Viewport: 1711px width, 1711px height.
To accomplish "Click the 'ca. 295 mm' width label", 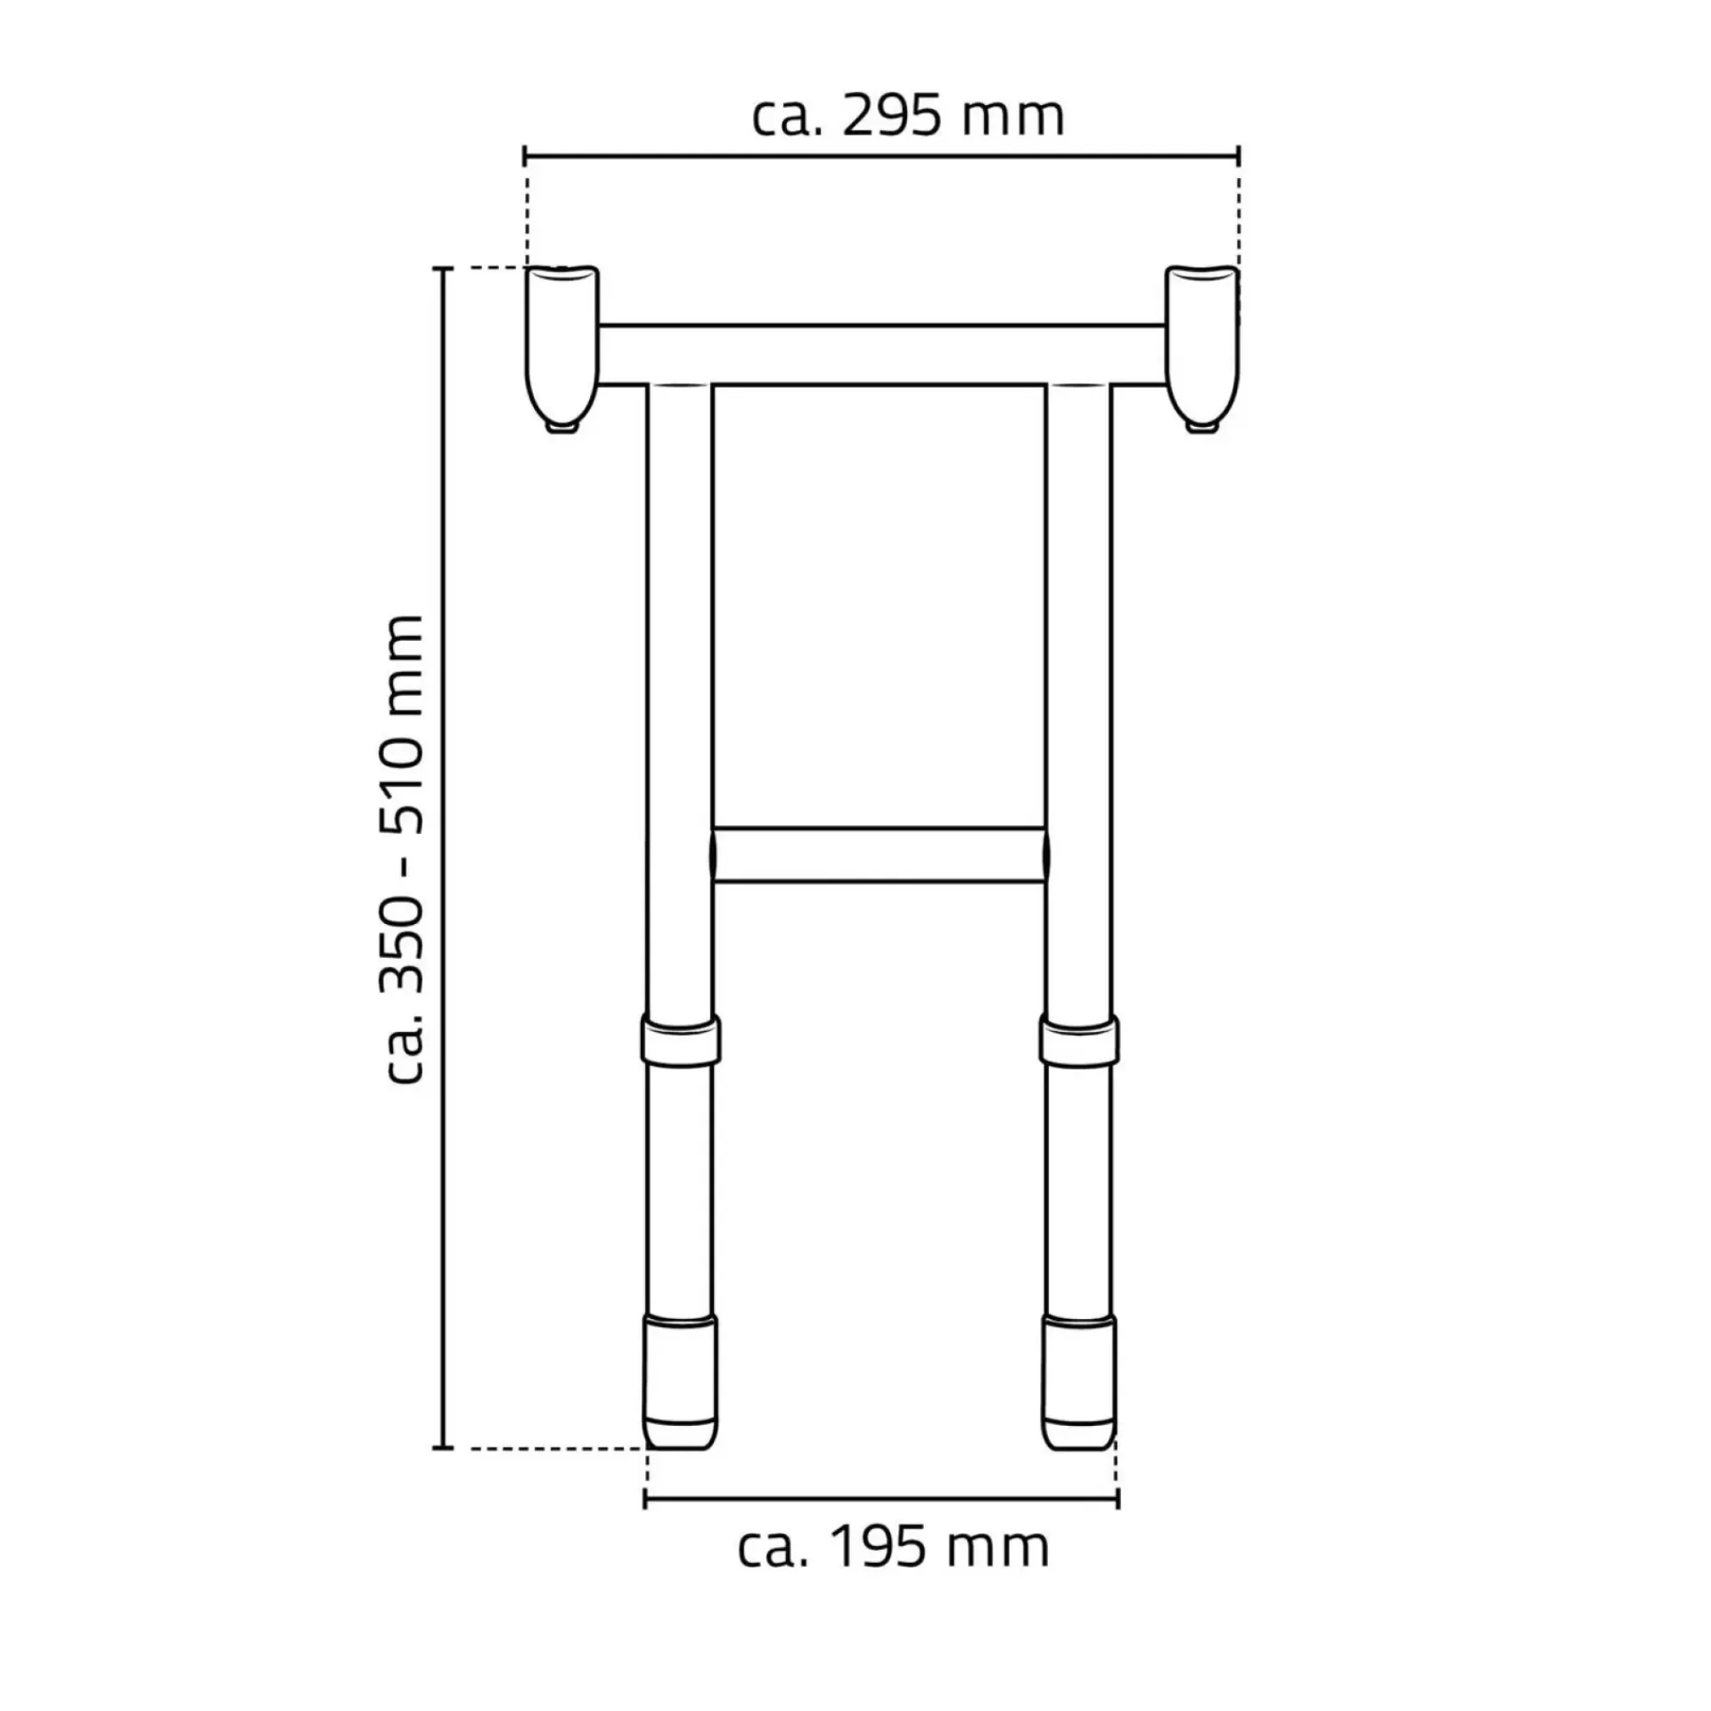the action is pyautogui.click(x=908, y=118).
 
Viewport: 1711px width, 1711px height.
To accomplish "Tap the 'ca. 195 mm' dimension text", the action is pyautogui.click(x=894, y=1548).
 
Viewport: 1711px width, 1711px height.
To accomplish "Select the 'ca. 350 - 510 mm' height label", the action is pyautogui.click(x=403, y=848).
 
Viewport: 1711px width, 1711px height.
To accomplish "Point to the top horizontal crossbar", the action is pyautogui.click(x=882, y=356).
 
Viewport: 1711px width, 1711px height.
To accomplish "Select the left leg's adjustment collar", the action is pyautogui.click(x=681, y=1039).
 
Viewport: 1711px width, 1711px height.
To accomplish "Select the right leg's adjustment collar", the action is pyautogui.click(x=1079, y=1039).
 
